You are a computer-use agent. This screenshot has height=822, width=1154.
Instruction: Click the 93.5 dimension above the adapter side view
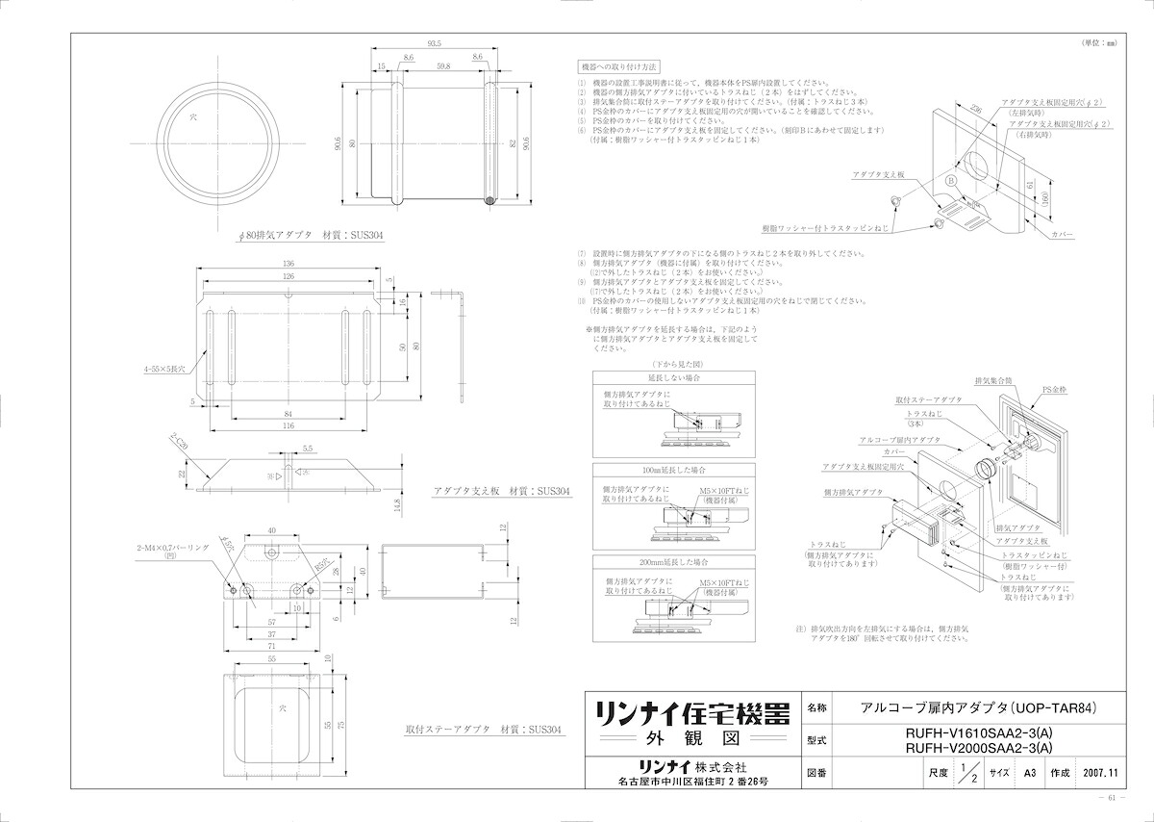coord(435,43)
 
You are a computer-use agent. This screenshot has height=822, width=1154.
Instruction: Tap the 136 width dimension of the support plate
coord(288,265)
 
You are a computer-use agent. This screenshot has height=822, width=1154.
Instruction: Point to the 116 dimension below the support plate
coord(288,425)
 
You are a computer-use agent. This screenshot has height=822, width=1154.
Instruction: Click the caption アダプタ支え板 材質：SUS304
coord(502,491)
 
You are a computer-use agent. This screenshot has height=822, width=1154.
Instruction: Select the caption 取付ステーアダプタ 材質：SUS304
coord(482,731)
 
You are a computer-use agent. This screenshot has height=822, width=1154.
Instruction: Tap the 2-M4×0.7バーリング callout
coord(174,550)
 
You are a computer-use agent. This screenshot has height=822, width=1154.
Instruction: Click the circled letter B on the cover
coord(950,181)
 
